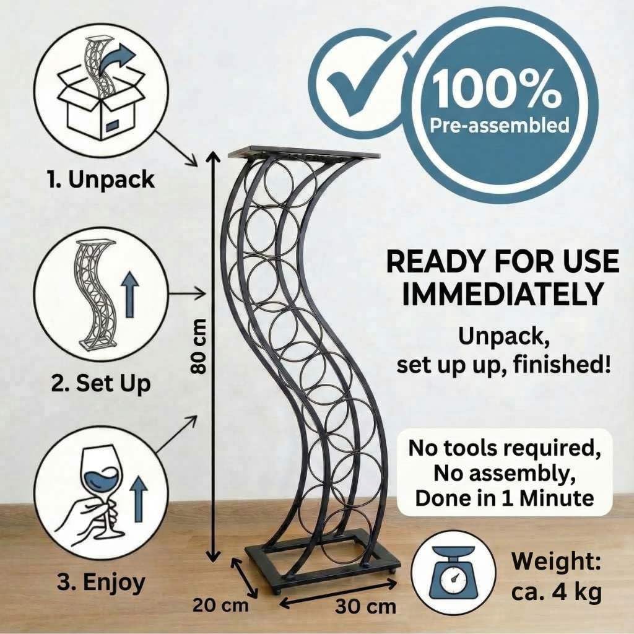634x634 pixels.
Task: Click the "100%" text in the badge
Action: point(497,89)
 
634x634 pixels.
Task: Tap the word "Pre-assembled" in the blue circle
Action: point(500,125)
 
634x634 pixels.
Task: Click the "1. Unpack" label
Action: point(101,179)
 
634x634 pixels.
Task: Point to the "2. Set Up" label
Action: point(101,383)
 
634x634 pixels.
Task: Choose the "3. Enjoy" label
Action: point(101,583)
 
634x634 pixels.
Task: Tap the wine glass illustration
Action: point(97,497)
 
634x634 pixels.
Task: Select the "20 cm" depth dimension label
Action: point(220,606)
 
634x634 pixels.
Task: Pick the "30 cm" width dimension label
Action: point(365,607)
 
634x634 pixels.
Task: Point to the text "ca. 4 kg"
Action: point(557,592)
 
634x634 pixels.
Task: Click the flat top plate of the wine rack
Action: point(304,153)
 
